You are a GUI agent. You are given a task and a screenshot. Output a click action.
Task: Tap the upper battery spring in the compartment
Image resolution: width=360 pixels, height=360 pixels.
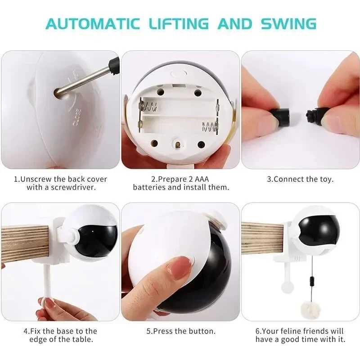[x=148, y=107]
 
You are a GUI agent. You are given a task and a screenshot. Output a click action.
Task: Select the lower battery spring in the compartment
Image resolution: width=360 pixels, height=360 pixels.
[x=209, y=126]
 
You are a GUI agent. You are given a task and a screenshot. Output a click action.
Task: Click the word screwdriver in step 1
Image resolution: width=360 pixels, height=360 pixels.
[x=74, y=187]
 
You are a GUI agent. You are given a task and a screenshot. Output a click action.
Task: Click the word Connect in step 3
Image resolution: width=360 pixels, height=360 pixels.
[x=290, y=179]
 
